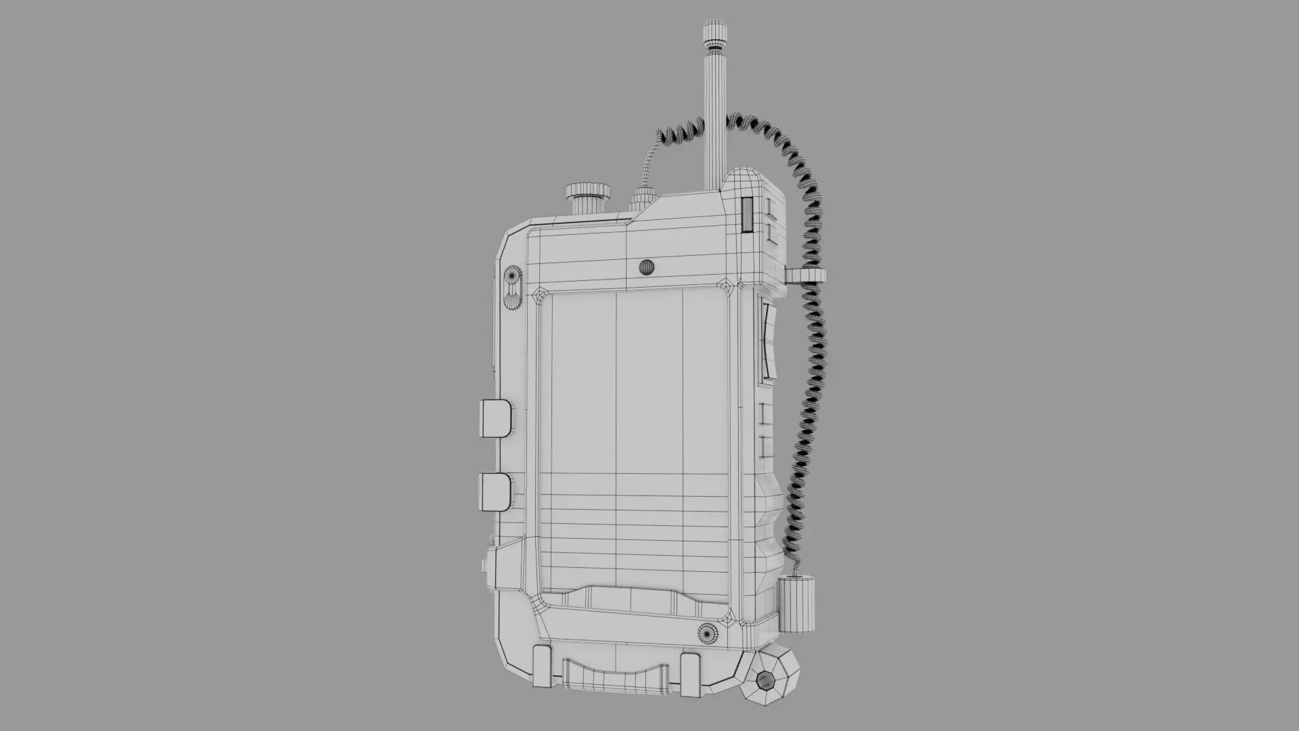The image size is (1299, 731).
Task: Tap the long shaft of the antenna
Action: coord(714,122)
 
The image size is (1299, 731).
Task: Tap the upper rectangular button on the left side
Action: coord(495,418)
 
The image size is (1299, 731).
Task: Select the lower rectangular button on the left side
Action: coord(494,491)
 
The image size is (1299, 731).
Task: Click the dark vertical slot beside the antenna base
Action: coord(747,215)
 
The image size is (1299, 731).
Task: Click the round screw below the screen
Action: coord(709,634)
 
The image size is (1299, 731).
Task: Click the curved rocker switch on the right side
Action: coord(768,338)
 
